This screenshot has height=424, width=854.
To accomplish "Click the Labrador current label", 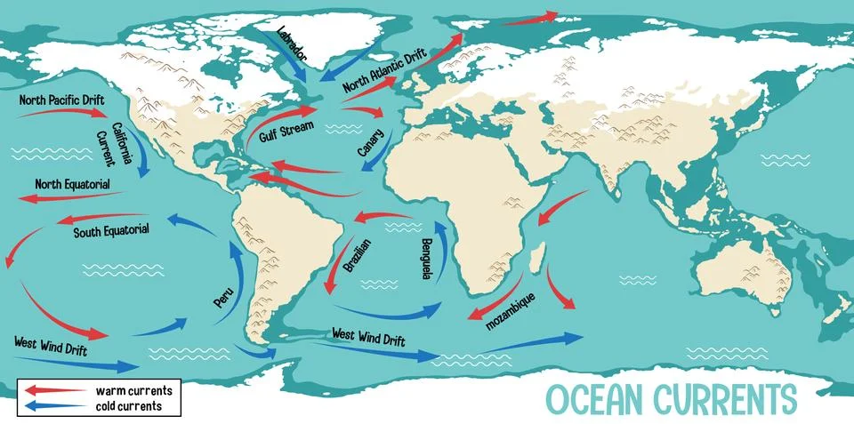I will (x=292, y=43).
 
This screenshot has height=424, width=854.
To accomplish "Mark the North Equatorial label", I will (x=73, y=184).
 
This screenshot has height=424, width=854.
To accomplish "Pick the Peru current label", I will (x=223, y=296).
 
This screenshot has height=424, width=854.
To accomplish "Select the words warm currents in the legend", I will (x=133, y=390).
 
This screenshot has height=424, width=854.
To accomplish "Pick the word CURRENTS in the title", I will (x=729, y=398).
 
